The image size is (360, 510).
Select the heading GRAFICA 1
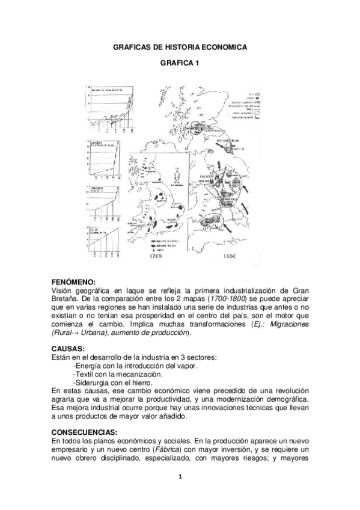click(180, 63)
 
